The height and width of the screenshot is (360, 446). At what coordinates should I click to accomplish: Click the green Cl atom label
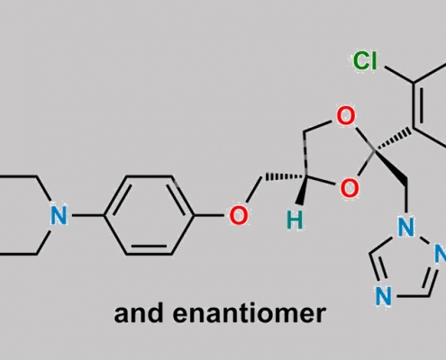365,61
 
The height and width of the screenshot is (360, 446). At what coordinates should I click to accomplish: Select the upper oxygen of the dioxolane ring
346,116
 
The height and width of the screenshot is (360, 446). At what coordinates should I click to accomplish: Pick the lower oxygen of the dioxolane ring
350,188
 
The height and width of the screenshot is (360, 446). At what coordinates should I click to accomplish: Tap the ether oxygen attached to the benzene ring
239,215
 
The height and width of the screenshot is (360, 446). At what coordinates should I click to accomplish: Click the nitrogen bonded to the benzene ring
59,215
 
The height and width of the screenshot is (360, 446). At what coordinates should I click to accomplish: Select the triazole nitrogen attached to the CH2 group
405,227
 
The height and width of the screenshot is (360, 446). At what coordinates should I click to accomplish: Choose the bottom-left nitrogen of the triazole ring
384,296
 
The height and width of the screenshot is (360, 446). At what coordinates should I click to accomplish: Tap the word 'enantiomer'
250,313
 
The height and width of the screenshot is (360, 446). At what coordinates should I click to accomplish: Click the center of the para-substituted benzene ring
149,215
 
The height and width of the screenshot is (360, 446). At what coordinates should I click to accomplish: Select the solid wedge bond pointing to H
302,190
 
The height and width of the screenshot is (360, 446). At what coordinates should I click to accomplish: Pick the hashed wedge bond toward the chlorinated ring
393,139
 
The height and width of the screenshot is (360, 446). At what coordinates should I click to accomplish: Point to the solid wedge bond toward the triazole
391,166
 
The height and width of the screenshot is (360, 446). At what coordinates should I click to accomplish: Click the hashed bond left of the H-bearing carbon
284,177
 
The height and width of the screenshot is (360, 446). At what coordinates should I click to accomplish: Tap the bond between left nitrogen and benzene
86,215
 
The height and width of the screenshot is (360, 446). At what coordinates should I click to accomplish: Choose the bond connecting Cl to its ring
399,75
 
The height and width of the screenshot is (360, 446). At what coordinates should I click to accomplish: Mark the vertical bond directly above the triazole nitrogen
406,198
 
